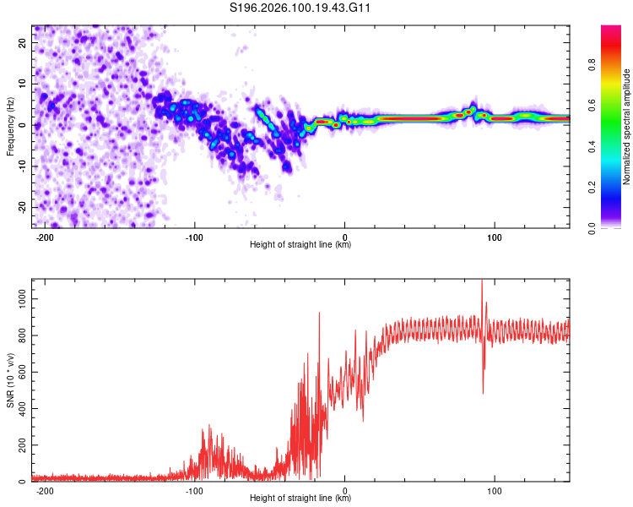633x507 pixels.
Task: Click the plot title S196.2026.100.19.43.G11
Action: (301, 8)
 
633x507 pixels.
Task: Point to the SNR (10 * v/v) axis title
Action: (10, 380)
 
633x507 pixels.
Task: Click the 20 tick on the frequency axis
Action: (23, 42)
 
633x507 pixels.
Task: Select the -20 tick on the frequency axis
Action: (21, 207)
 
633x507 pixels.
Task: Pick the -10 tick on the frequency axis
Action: (21, 166)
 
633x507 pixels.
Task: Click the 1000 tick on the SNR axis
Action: (17, 299)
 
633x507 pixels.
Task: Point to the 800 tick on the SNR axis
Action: (19, 335)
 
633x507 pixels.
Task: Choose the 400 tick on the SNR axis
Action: (19, 409)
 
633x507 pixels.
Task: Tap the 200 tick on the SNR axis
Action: (19, 445)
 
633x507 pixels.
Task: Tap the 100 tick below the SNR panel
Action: (495, 491)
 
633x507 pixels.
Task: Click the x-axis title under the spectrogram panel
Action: (300, 245)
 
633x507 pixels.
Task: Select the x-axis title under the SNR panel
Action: (300, 499)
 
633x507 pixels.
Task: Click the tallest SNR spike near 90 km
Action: (482, 282)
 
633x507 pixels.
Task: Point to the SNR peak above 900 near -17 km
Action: (319, 313)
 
